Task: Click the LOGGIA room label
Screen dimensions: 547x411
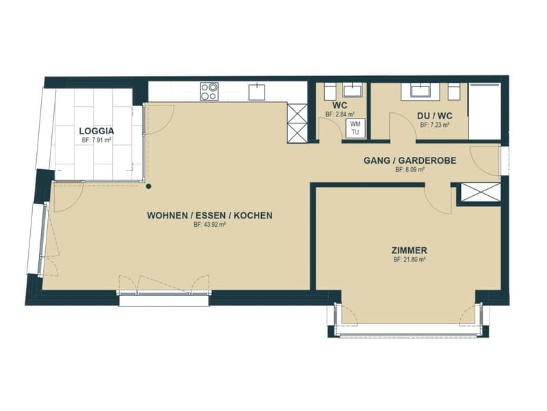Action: pyautogui.click(x=96, y=132)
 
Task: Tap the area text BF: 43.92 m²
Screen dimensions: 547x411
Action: pyautogui.click(x=210, y=225)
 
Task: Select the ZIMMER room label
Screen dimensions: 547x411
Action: pyautogui.click(x=409, y=251)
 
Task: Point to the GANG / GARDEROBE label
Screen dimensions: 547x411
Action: pyautogui.click(x=410, y=161)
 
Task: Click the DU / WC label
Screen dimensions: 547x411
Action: pyautogui.click(x=435, y=116)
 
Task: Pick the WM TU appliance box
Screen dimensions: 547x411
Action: pyautogui.click(x=355, y=128)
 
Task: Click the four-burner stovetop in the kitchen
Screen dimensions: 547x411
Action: pyautogui.click(x=209, y=91)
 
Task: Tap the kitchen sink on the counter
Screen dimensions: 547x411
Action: pyautogui.click(x=257, y=91)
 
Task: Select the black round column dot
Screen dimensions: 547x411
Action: pyautogui.click(x=148, y=186)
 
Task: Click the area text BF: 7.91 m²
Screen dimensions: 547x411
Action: pyautogui.click(x=96, y=140)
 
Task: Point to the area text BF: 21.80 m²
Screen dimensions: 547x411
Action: pyautogui.click(x=409, y=260)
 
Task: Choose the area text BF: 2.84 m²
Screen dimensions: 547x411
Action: pyautogui.click(x=340, y=114)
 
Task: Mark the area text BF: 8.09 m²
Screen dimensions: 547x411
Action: pyautogui.click(x=410, y=170)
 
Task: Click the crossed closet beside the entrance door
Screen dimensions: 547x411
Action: pyautogui.click(x=481, y=192)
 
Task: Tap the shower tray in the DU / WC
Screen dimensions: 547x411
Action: pyautogui.click(x=485, y=111)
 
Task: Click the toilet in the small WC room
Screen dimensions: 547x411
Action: pyautogui.click(x=330, y=92)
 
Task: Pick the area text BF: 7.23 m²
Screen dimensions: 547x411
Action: pyautogui.click(x=435, y=125)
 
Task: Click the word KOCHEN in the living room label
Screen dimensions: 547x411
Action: pyautogui.click(x=253, y=216)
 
